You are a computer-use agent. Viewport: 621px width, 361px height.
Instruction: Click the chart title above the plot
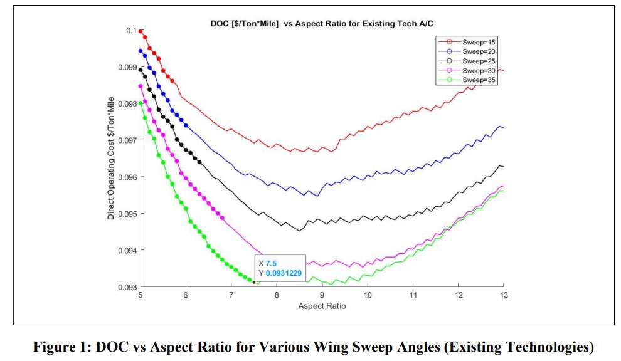click(x=322, y=24)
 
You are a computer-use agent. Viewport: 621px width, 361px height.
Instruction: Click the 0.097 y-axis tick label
click(x=125, y=140)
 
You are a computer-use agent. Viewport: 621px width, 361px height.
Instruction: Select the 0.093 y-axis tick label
click(x=125, y=287)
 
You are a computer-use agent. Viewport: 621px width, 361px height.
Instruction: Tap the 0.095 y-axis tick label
click(x=125, y=214)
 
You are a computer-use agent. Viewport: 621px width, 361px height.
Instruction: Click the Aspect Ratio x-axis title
click(x=322, y=306)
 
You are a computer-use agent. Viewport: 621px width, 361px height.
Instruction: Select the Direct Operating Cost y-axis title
click(x=110, y=158)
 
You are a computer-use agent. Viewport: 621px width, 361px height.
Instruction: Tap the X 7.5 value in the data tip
click(x=270, y=263)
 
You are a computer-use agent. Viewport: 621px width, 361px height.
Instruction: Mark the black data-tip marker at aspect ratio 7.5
click(x=254, y=283)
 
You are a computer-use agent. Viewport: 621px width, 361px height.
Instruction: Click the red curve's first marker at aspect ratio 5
click(x=141, y=31)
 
